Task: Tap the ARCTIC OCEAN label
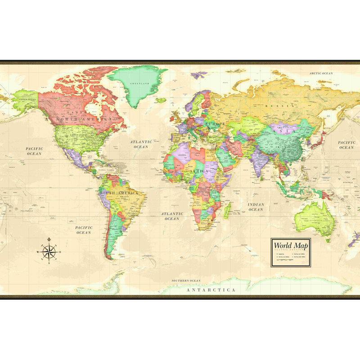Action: (x=321, y=73)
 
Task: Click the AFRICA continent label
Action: (x=199, y=171)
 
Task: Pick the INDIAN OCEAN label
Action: (x=256, y=207)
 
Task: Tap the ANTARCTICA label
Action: (x=211, y=290)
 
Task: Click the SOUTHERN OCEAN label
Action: (x=185, y=281)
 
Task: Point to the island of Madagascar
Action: (x=227, y=210)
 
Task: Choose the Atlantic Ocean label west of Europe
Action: (x=141, y=144)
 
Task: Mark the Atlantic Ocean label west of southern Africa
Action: (x=172, y=216)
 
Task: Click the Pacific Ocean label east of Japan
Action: (x=346, y=145)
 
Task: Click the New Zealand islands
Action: (x=355, y=238)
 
